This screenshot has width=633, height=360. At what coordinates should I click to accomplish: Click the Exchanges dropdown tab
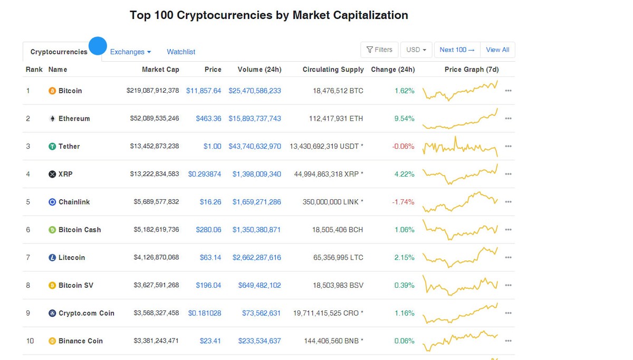coord(130,52)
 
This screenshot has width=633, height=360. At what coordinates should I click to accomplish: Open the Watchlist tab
coord(181,52)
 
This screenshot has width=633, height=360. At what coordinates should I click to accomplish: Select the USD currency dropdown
coord(416,50)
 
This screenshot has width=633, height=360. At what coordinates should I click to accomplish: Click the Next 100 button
coord(457,50)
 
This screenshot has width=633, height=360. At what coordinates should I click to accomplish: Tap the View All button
coord(497,50)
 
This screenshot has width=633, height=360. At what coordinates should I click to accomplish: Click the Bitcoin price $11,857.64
coord(204,91)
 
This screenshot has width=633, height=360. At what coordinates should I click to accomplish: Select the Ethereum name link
coord(74,119)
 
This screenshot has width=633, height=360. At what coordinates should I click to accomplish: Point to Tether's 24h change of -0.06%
coord(403,147)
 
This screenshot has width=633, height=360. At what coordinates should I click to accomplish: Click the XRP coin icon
coord(52,174)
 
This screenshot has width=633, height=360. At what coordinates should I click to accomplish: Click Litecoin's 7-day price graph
coord(460,257)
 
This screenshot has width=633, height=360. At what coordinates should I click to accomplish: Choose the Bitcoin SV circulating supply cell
coord(338,285)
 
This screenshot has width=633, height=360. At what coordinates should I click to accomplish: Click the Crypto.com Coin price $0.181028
coord(205,313)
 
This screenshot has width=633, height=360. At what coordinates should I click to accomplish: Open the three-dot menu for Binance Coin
coord(508,341)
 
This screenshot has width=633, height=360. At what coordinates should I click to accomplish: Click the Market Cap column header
coord(160,70)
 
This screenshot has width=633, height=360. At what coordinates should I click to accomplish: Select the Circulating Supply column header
coord(333,70)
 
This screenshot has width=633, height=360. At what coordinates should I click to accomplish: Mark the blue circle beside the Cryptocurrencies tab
coord(98,46)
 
